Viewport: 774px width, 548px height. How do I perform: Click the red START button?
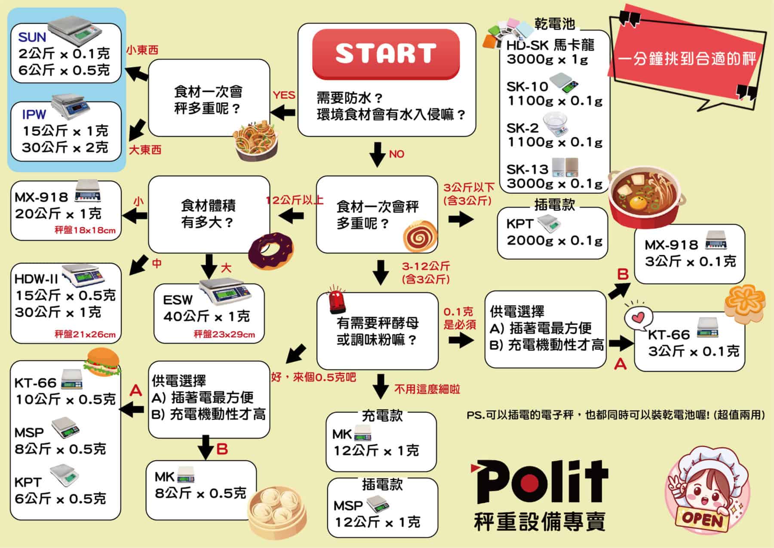click(x=386, y=53)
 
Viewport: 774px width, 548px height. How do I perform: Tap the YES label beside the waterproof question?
click(x=284, y=95)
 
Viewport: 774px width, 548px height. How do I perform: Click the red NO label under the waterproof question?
click(x=396, y=154)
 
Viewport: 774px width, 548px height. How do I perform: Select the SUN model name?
click(x=32, y=37)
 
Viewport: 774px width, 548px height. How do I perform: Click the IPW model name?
click(x=34, y=115)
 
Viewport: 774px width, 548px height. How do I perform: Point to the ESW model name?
click(x=178, y=300)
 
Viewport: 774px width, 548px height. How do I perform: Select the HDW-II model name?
click(x=36, y=279)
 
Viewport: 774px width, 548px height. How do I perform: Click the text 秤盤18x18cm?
click(x=85, y=230)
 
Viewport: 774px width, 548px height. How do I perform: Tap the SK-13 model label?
click(x=527, y=169)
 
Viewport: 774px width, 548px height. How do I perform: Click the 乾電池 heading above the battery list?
click(x=554, y=24)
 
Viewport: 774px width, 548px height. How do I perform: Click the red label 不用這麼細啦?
click(x=427, y=390)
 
